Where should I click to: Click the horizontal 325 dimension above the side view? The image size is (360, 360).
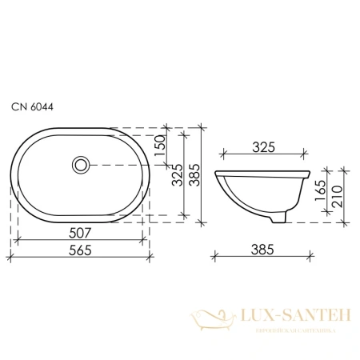[x=265, y=146]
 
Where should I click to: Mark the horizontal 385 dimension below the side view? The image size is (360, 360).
[x=265, y=250]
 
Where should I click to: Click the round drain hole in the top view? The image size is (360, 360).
[x=80, y=165]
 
